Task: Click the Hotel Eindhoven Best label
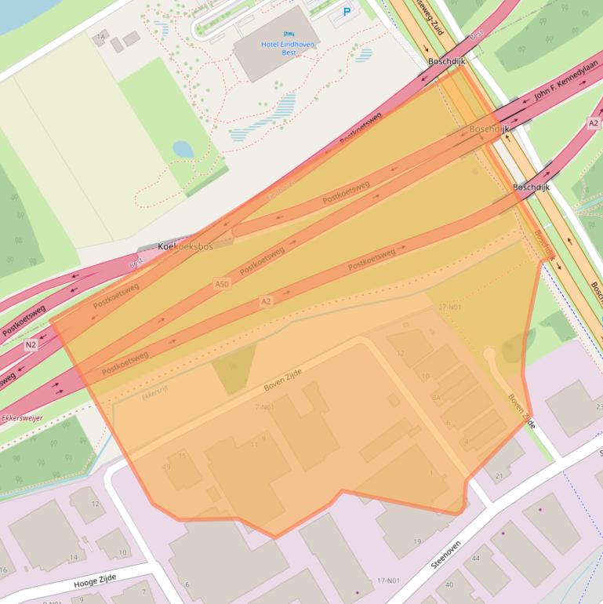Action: [x=288, y=48]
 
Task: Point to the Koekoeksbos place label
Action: [x=186, y=246]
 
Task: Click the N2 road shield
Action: [x=31, y=344]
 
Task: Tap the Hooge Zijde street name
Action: [x=95, y=583]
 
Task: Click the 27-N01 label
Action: [x=451, y=307]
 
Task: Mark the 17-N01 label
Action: [x=388, y=580]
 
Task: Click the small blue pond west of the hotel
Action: [x=183, y=148]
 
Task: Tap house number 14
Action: [x=74, y=557]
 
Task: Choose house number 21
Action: [x=499, y=476]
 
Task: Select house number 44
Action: [x=475, y=558]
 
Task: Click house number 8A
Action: [x=436, y=398]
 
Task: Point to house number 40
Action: [x=449, y=584]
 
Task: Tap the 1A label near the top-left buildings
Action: [x=100, y=37]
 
